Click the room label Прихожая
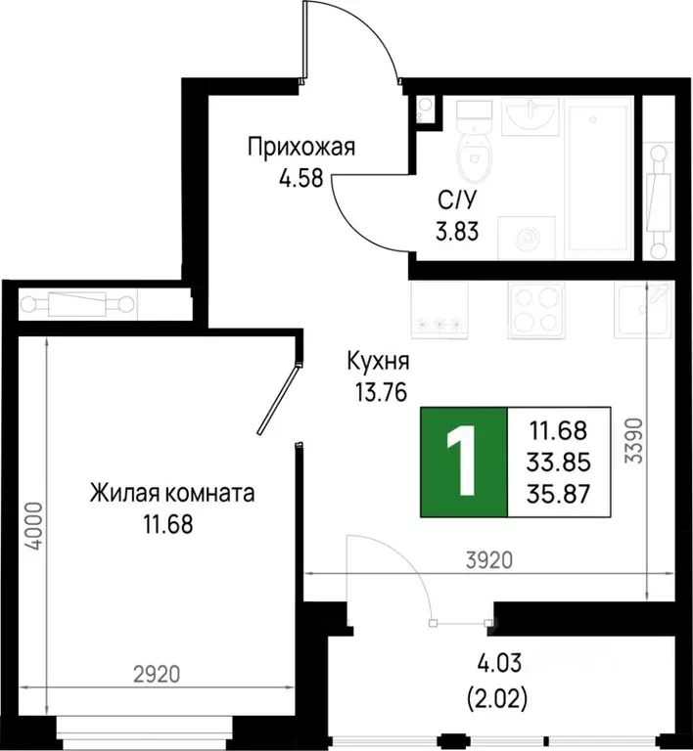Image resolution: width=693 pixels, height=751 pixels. (300, 149)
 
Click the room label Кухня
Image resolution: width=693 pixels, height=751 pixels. (376, 361)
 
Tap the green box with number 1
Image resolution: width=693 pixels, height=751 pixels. (465, 461)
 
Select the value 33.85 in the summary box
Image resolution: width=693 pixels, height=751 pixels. (559, 462)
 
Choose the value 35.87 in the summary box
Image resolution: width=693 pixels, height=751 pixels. (559, 493)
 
